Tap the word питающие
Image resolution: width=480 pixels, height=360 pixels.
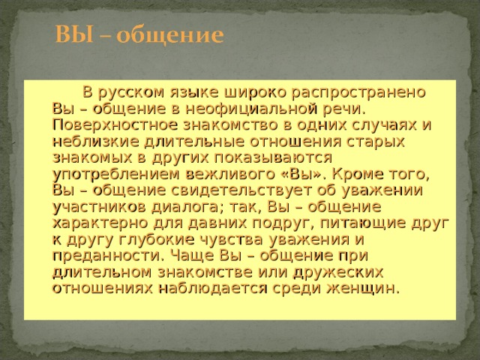[362, 223]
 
